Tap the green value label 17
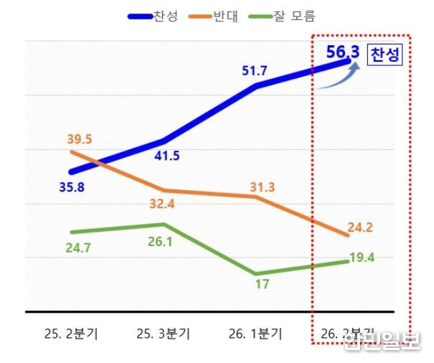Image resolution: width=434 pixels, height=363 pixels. (x=262, y=284)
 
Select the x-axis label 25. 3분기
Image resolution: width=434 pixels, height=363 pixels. (x=164, y=334)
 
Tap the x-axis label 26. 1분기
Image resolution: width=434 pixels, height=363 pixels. (x=255, y=334)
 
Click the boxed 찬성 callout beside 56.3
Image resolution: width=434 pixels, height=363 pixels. (x=385, y=56)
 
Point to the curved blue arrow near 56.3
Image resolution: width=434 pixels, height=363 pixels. (x=335, y=77)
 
